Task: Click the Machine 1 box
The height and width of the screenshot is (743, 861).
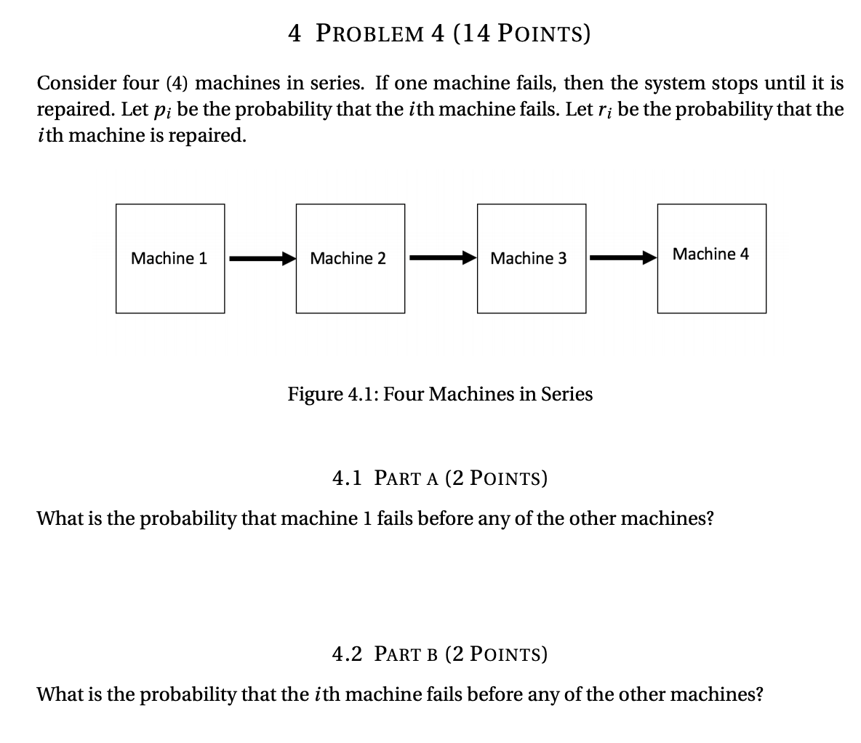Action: click(x=169, y=258)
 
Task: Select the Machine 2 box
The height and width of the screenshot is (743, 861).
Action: click(x=350, y=258)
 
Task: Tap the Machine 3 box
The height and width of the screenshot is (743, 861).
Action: click(x=531, y=258)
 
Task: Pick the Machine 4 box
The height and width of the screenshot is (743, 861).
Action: click(x=711, y=258)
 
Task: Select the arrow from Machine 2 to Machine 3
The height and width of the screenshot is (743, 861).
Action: click(x=441, y=258)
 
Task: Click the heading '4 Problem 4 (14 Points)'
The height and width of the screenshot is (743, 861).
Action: click(x=439, y=33)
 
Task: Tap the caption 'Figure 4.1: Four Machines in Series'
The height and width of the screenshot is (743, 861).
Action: click(x=440, y=394)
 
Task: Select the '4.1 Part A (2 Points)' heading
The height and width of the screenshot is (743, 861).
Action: click(x=440, y=478)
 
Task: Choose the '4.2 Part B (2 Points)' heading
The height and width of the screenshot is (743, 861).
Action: click(x=440, y=654)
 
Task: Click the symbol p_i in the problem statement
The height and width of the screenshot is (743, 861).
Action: click(x=162, y=111)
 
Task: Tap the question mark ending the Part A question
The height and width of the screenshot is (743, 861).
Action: click(x=709, y=519)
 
